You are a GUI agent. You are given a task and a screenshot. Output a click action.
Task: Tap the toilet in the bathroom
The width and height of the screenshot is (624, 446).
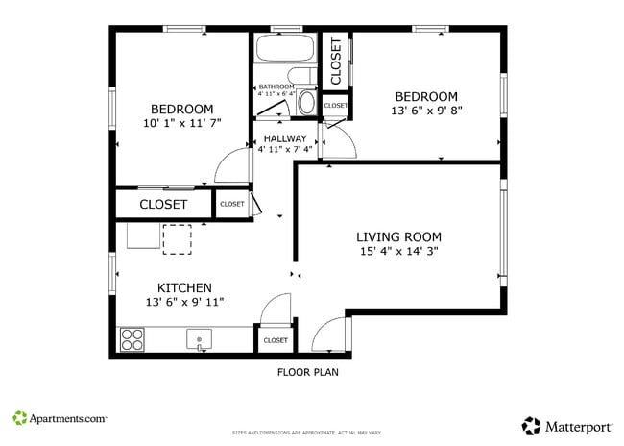click(307, 101)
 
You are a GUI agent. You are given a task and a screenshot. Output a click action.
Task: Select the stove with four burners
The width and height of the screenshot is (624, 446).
click(132, 339)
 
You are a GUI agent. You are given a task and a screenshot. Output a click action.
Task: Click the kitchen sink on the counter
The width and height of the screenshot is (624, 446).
click(200, 339)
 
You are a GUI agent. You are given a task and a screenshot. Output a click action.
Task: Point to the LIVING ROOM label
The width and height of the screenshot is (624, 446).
click(398, 236)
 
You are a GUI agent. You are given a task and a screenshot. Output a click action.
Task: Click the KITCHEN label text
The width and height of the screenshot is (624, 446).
click(184, 287)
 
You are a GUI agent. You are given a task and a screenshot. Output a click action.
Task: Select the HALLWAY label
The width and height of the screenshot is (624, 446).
click(285, 138)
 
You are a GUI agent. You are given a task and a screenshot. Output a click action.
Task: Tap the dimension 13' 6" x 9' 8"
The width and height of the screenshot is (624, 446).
click(427, 111)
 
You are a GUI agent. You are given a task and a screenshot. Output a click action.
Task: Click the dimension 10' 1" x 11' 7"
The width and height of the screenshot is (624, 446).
click(181, 124)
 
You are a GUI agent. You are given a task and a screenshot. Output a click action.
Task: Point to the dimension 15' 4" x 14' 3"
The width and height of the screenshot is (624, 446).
click(398, 252)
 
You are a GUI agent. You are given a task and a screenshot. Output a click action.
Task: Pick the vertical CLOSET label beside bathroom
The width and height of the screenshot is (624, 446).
click(336, 61)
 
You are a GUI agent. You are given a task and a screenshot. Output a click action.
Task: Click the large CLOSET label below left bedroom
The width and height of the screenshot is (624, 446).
click(163, 205)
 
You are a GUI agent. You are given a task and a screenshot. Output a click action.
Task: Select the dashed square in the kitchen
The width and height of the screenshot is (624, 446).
click(177, 238)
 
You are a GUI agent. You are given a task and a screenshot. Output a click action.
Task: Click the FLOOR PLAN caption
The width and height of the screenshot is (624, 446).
click(307, 372)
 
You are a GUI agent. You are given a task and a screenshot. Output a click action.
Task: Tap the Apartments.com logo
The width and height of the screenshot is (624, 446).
click(60, 418)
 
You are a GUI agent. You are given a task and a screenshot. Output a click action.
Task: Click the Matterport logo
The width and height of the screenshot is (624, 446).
click(567, 424)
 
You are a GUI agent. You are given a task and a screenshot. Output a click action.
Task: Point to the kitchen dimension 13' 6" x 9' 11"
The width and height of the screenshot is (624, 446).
click(184, 303)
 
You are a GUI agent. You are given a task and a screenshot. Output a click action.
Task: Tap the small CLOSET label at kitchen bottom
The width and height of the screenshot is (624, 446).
click(276, 340)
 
